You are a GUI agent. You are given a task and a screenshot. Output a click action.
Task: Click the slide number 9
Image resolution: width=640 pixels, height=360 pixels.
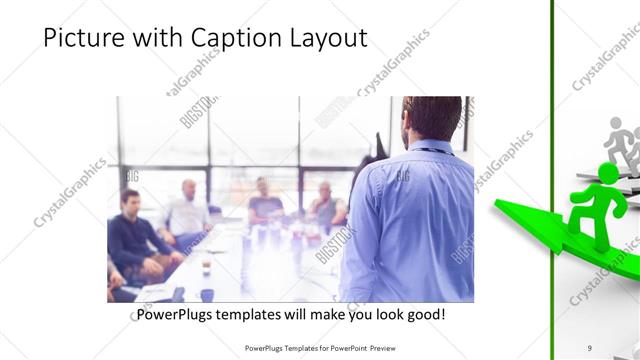pyautogui.click(x=589, y=347)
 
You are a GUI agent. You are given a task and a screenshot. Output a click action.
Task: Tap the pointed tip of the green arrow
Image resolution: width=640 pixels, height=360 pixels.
pyautogui.click(x=497, y=206)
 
